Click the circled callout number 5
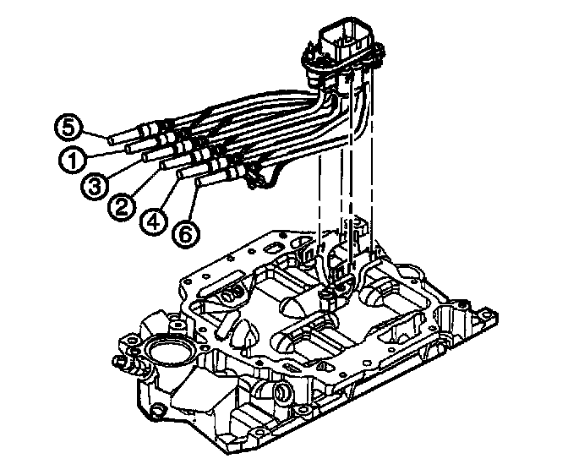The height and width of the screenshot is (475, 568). [x=70, y=128]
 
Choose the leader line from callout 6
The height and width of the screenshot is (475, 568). [x=194, y=204]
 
